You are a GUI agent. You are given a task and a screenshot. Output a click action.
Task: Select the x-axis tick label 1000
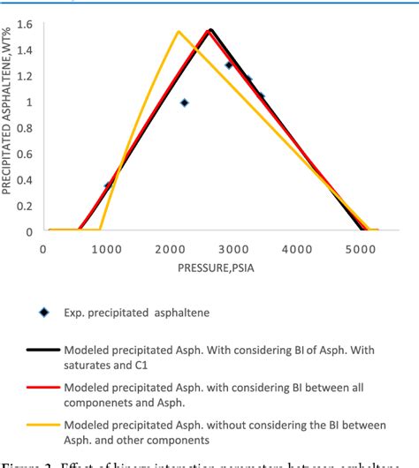(x=106, y=250)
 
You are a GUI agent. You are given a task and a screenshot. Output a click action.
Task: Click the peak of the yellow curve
(x=179, y=32)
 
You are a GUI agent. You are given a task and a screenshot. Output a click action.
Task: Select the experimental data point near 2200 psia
(x=184, y=102)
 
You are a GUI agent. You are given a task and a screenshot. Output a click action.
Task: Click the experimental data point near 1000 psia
(x=108, y=185)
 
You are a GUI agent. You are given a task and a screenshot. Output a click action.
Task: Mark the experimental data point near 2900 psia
(x=229, y=64)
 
